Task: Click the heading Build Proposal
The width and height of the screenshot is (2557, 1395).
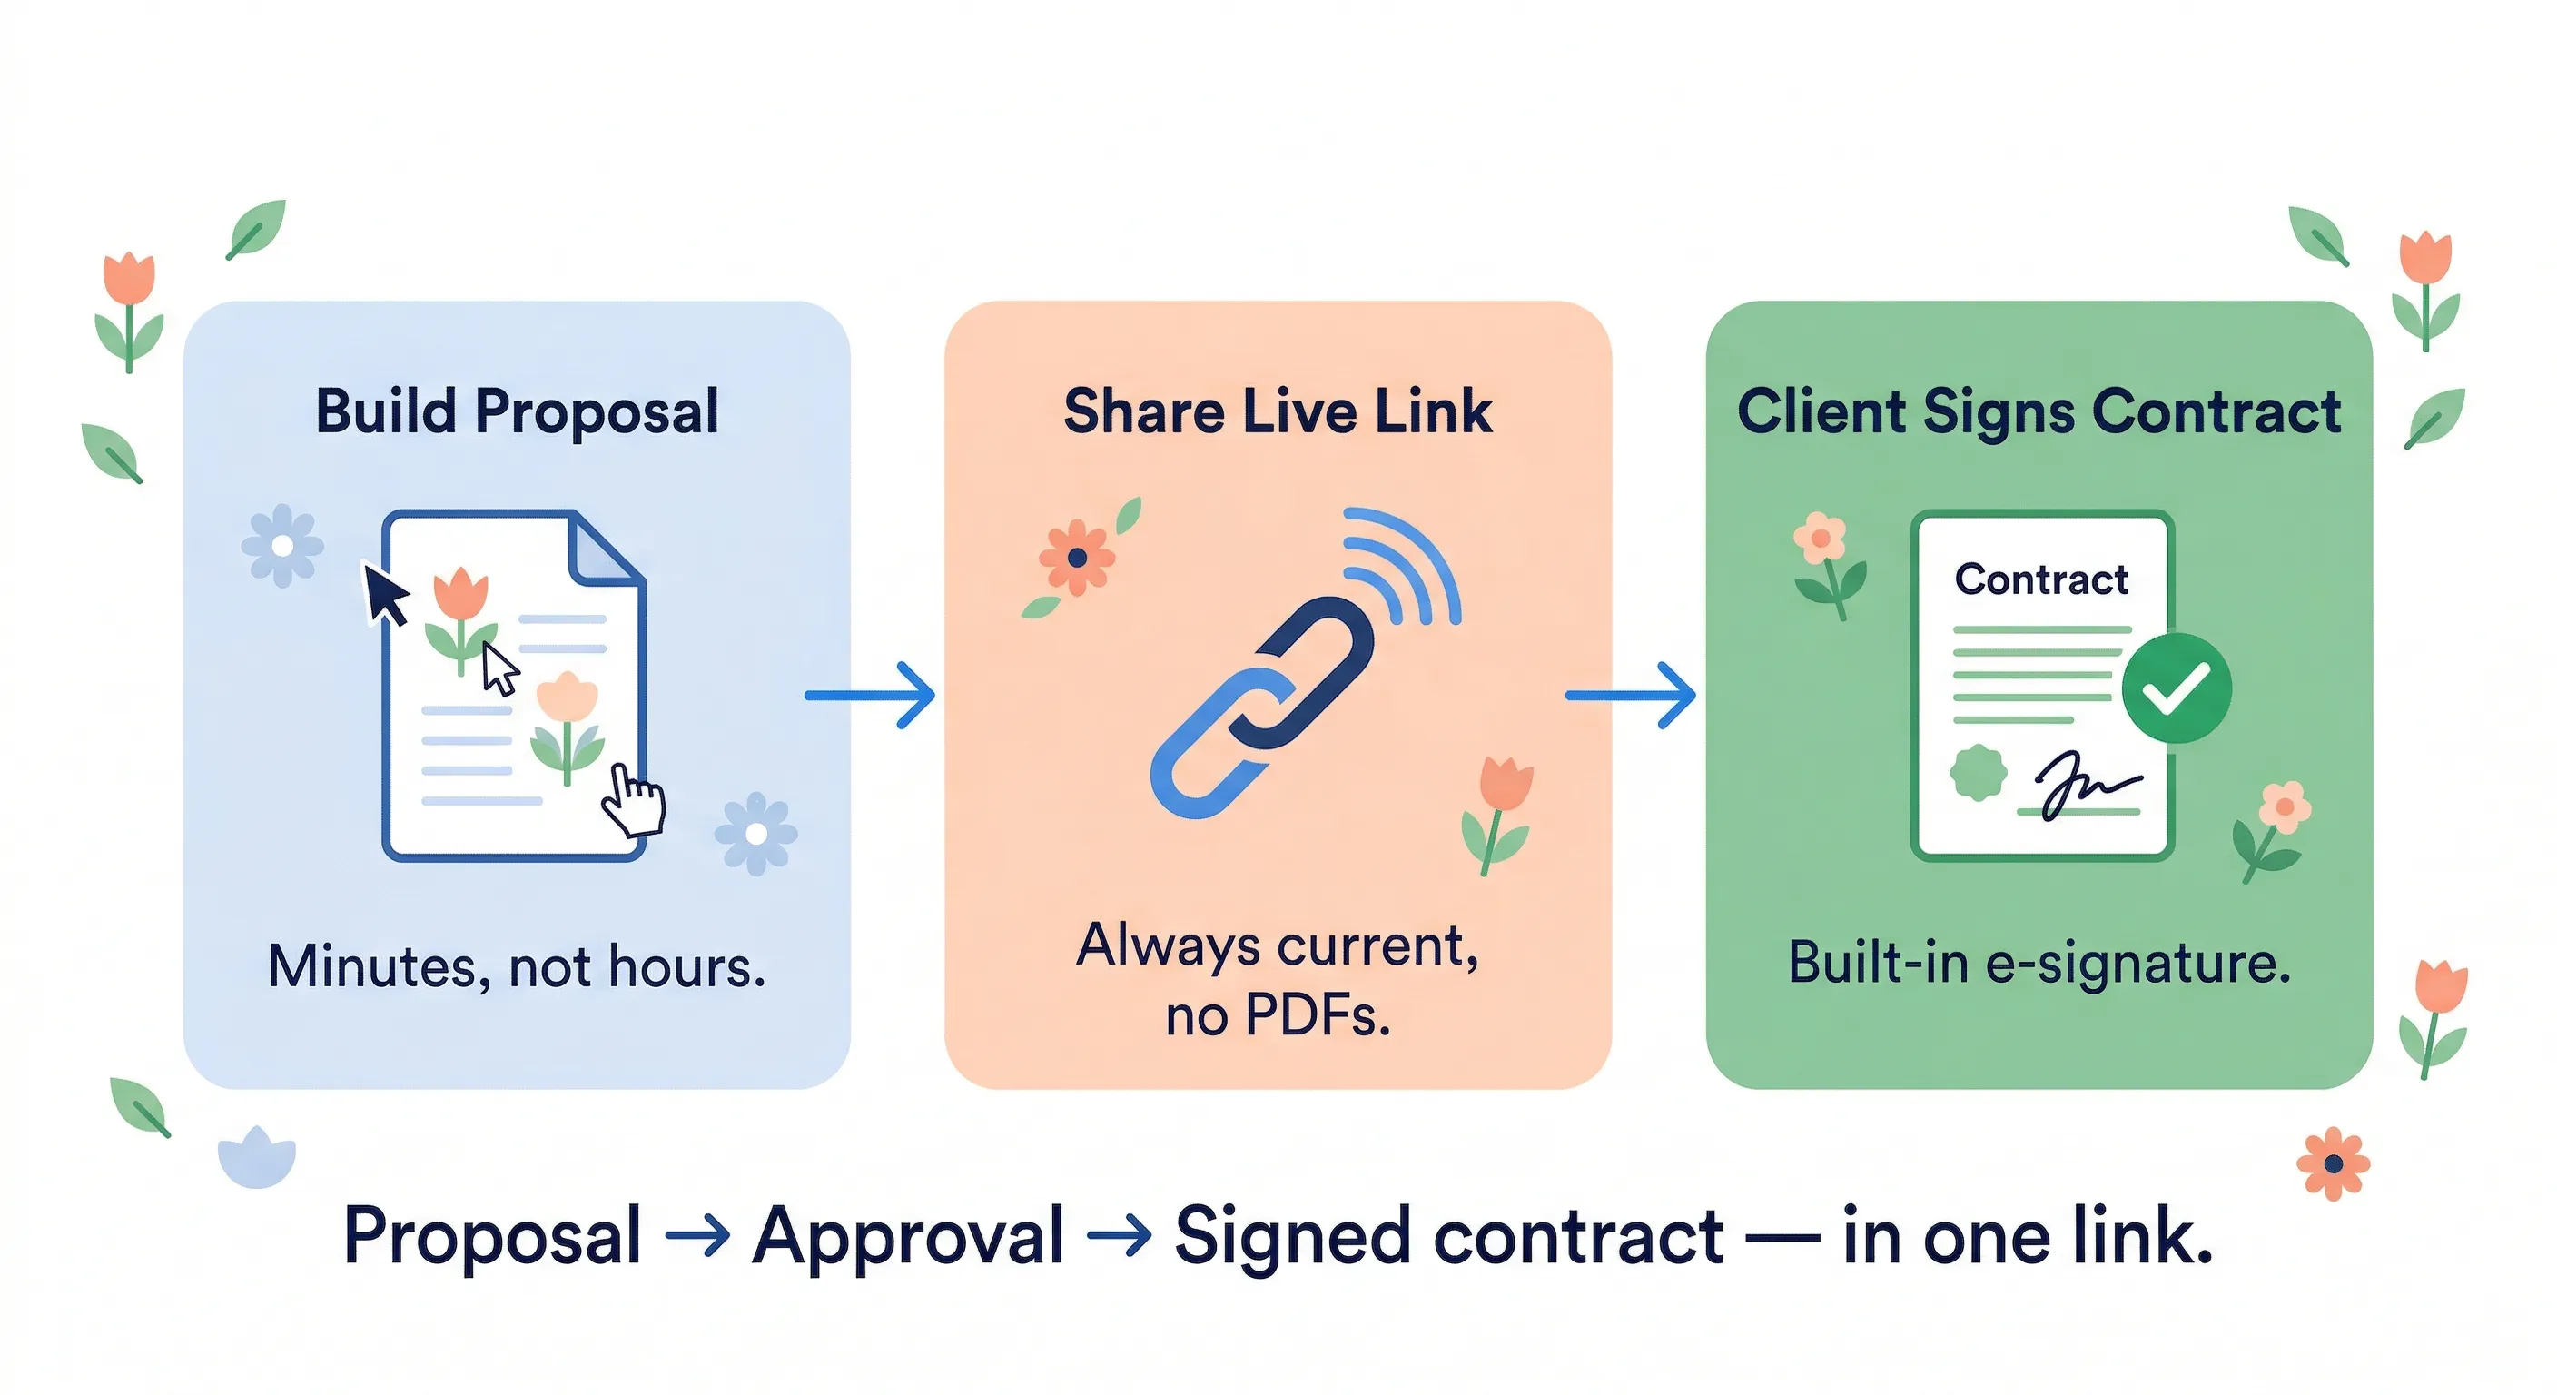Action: (516, 411)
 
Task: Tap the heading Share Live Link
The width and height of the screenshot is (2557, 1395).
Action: (1278, 411)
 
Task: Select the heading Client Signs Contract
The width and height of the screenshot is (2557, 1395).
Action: (2038, 411)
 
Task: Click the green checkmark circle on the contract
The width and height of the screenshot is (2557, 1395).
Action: (2176, 688)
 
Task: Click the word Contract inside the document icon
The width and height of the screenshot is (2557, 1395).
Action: (2041, 579)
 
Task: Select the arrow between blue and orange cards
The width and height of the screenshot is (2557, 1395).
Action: (871, 695)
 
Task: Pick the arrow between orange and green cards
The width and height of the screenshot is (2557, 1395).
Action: (1631, 695)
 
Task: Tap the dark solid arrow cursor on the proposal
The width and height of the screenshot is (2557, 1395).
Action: (385, 594)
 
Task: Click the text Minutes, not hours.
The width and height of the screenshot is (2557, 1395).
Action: (516, 966)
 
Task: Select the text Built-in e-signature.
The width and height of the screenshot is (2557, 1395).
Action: (2038, 963)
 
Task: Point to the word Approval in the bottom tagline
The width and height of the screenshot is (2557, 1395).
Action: (907, 1236)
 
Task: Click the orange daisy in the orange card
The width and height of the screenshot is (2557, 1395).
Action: (1076, 558)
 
